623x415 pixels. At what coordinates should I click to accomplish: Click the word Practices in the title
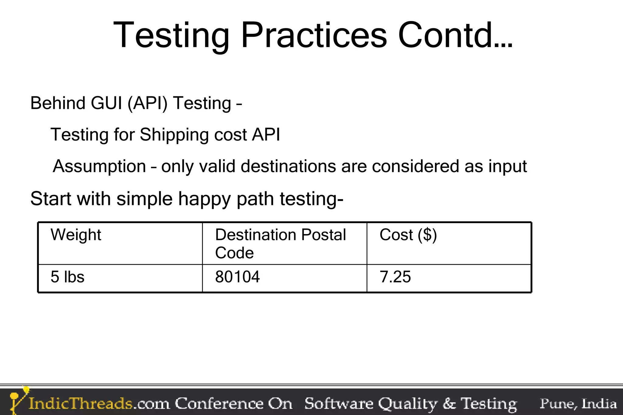tap(314, 35)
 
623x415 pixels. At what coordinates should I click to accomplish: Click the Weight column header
tap(76, 235)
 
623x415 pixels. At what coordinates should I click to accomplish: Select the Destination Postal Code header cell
tap(280, 243)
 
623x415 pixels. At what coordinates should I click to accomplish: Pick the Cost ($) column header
tap(408, 235)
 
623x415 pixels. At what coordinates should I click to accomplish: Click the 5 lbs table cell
tap(67, 277)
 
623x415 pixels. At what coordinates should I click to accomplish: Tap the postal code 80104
tap(237, 277)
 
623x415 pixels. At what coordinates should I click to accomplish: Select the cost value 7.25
tap(395, 277)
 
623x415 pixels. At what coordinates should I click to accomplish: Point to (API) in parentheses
tap(148, 103)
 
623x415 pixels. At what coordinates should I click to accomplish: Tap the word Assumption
tap(99, 167)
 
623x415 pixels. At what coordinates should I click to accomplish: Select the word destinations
tap(288, 167)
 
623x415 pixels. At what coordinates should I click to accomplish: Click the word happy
tap(204, 199)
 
